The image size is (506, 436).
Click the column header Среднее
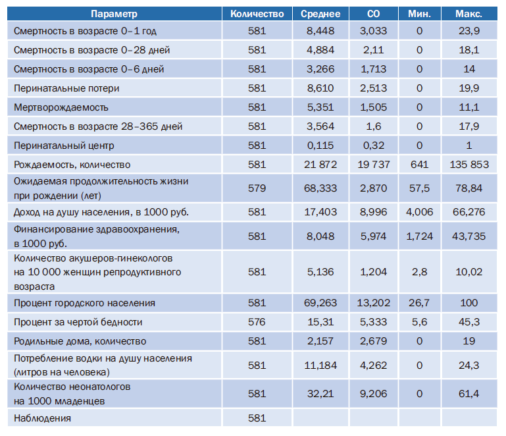320,14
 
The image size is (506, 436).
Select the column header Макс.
468,14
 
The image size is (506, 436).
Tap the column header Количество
257,14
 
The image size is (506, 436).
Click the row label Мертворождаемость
61,107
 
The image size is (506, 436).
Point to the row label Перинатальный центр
63,146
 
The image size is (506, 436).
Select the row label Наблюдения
42,418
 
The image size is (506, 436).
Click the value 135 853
468,165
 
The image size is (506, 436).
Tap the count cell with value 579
257,188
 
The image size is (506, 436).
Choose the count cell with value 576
257,322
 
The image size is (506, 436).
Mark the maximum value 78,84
468,188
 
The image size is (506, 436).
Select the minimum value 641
418,165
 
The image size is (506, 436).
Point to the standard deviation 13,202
374,303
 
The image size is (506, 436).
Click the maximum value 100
468,303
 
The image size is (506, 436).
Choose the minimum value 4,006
418,212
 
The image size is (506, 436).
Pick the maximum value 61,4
468,394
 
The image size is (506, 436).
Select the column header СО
374,14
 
